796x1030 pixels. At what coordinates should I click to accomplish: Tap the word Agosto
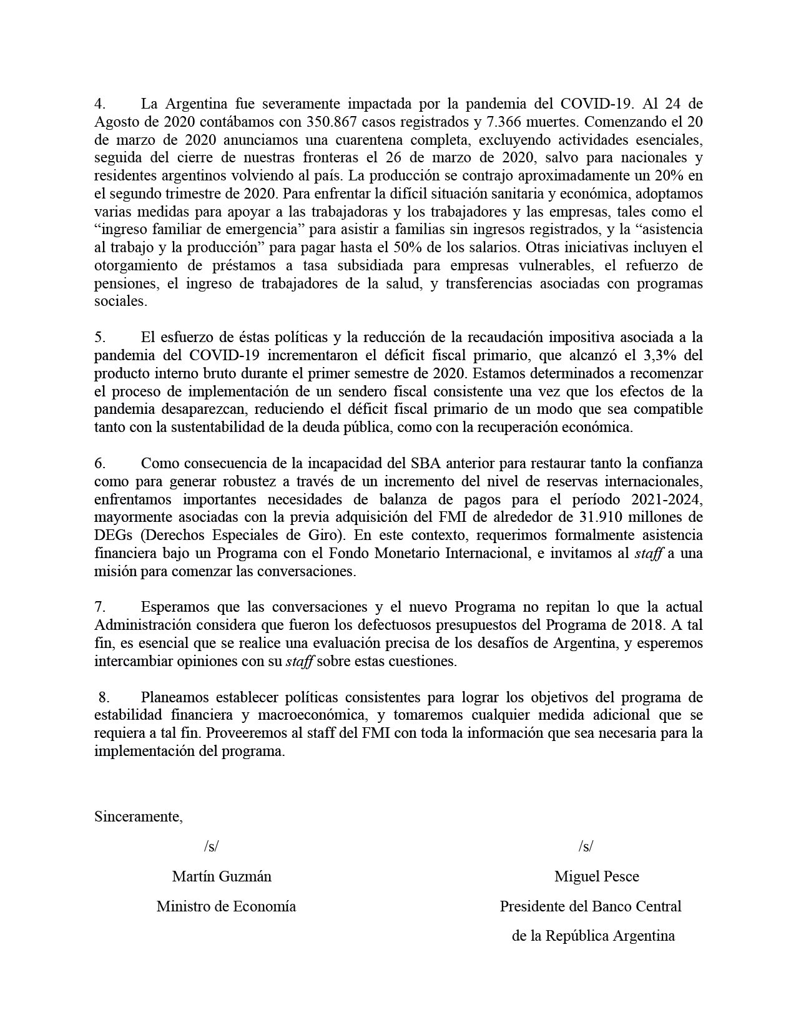pos(114,121)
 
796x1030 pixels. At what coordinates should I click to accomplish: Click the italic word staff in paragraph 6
pos(649,554)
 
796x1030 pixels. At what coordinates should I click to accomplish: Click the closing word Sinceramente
pos(138,817)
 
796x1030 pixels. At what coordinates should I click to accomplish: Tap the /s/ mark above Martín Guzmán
pos(211,846)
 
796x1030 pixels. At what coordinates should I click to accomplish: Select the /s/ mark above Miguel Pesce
pos(586,846)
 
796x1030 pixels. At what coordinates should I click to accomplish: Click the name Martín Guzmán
pos(222,876)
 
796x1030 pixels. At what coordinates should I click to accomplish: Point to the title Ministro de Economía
pos(226,906)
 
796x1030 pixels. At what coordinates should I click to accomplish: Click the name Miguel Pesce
pos(596,876)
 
